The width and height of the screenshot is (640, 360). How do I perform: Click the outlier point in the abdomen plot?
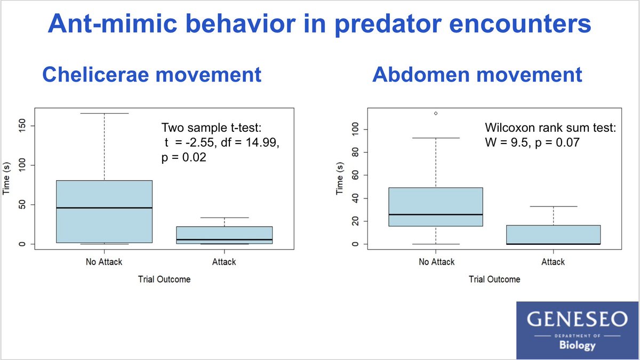tap(436, 113)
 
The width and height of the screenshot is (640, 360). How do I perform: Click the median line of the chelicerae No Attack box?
tap(104, 207)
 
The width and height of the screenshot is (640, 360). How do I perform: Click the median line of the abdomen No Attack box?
tap(436, 214)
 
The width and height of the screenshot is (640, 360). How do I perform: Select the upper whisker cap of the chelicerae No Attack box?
tap(104, 113)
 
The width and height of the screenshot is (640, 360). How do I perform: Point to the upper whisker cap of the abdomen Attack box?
tap(553, 206)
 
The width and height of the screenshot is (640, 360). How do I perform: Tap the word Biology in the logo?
tap(577, 346)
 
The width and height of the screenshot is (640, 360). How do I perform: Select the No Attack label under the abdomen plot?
tap(436, 262)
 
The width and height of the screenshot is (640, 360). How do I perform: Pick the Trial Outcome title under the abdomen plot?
tap(494, 279)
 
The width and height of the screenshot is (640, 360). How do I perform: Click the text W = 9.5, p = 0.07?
tap(529, 142)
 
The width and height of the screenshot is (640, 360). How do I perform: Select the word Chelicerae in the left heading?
tap(94, 75)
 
